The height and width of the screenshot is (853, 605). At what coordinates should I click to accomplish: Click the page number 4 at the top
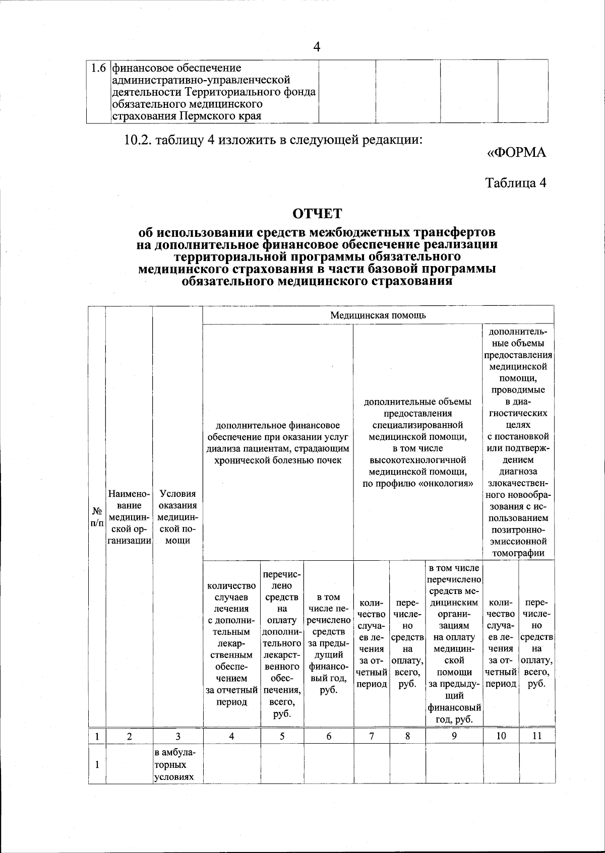[317, 47]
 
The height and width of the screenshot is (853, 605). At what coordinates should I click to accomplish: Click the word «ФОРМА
[516, 152]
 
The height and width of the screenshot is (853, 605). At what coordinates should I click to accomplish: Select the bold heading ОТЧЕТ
[317, 214]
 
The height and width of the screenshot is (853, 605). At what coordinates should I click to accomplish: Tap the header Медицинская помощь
[378, 315]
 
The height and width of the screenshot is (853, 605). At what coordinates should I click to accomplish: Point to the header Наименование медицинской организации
[129, 517]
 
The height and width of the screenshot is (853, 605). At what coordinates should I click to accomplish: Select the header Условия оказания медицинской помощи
[177, 517]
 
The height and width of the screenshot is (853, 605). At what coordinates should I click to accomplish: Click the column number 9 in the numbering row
[454, 736]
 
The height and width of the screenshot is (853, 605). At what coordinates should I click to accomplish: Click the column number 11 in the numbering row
[537, 736]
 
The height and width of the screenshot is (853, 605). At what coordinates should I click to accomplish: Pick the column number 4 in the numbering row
[231, 736]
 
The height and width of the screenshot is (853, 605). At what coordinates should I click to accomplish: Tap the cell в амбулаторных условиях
[174, 765]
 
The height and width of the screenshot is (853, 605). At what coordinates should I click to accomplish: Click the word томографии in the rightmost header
[518, 553]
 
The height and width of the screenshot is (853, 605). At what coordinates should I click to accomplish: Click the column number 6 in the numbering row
[329, 736]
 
